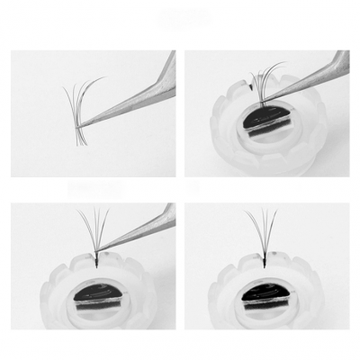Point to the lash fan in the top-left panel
point(79,108)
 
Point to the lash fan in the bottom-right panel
point(261,229)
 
